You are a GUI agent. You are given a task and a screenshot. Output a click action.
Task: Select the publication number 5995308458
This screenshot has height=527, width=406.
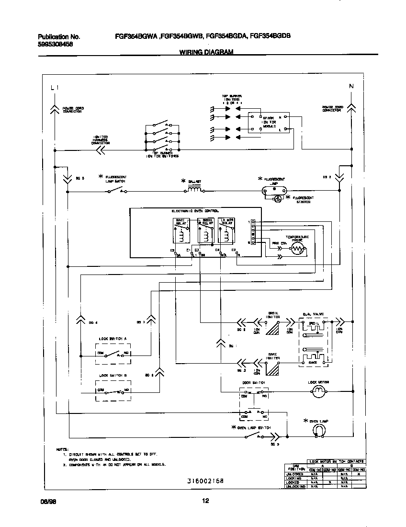tap(55, 45)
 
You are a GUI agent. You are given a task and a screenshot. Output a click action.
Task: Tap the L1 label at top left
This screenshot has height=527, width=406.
tap(55, 87)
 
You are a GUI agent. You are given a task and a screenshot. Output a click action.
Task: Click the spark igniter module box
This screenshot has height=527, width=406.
tap(268, 123)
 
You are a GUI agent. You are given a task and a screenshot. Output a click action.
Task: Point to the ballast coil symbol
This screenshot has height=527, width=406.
tap(193, 190)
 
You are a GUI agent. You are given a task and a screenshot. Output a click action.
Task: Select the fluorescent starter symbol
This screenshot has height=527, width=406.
tap(277, 200)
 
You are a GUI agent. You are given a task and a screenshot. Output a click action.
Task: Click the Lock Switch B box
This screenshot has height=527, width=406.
tap(113, 390)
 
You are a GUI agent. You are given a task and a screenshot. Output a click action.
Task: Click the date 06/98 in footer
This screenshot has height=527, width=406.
tap(46, 502)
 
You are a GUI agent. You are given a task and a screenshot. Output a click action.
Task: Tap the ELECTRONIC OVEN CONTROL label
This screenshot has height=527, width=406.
tap(195, 211)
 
